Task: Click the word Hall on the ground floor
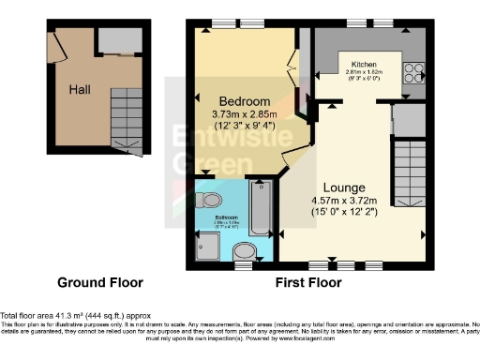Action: point(79,91)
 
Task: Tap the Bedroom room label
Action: point(245,101)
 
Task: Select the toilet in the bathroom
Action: point(211,199)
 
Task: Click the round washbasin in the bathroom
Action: point(246,250)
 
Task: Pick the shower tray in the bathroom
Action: point(206,246)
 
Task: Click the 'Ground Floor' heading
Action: point(99,282)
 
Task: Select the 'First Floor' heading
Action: point(308,282)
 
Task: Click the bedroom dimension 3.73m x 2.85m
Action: point(245,114)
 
